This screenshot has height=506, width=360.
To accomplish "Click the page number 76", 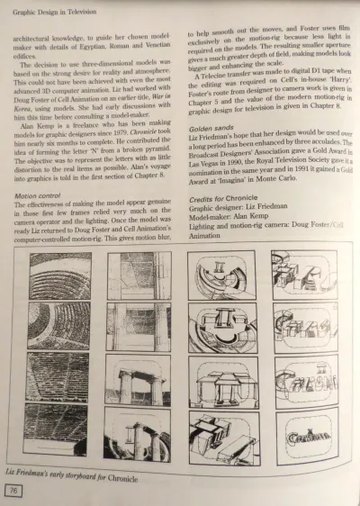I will pyautogui.click(x=15, y=491).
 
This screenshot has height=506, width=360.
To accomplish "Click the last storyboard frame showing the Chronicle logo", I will pyautogui.click(x=306, y=436).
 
